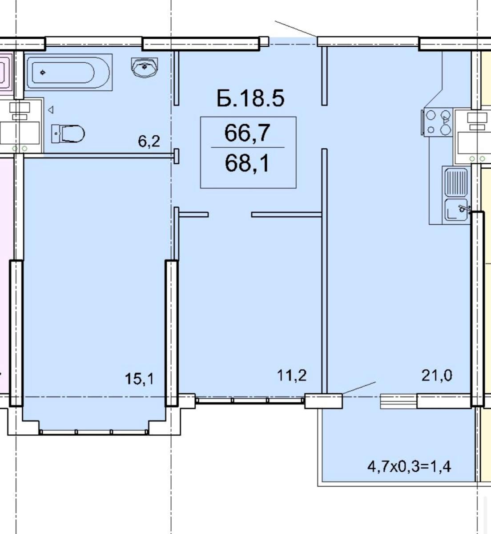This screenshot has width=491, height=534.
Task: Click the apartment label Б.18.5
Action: click(x=250, y=98)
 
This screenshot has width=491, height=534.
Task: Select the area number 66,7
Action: click(x=247, y=133)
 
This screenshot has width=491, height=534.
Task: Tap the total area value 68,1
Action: click(x=247, y=163)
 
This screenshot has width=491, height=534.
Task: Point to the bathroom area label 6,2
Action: click(x=149, y=142)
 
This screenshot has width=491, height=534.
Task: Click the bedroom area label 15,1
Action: click(x=140, y=379)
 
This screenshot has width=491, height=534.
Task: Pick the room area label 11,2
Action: click(x=292, y=375)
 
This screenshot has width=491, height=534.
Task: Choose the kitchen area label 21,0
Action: click(x=437, y=375)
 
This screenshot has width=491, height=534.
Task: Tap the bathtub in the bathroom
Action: click(x=68, y=73)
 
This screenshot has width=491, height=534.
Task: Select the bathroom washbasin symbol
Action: click(x=145, y=68)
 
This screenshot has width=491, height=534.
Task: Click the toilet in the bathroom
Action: click(x=68, y=133)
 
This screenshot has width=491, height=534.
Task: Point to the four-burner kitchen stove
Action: click(x=437, y=122)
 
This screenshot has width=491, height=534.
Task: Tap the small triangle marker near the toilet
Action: click(x=51, y=109)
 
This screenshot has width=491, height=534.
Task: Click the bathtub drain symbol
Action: click(x=42, y=72)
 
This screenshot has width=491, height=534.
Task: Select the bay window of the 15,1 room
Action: click(x=93, y=432)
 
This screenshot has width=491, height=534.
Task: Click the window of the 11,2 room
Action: click(x=250, y=400)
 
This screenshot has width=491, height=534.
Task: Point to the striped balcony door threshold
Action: click(x=398, y=401)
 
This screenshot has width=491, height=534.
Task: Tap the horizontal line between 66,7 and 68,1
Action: click(x=247, y=147)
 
